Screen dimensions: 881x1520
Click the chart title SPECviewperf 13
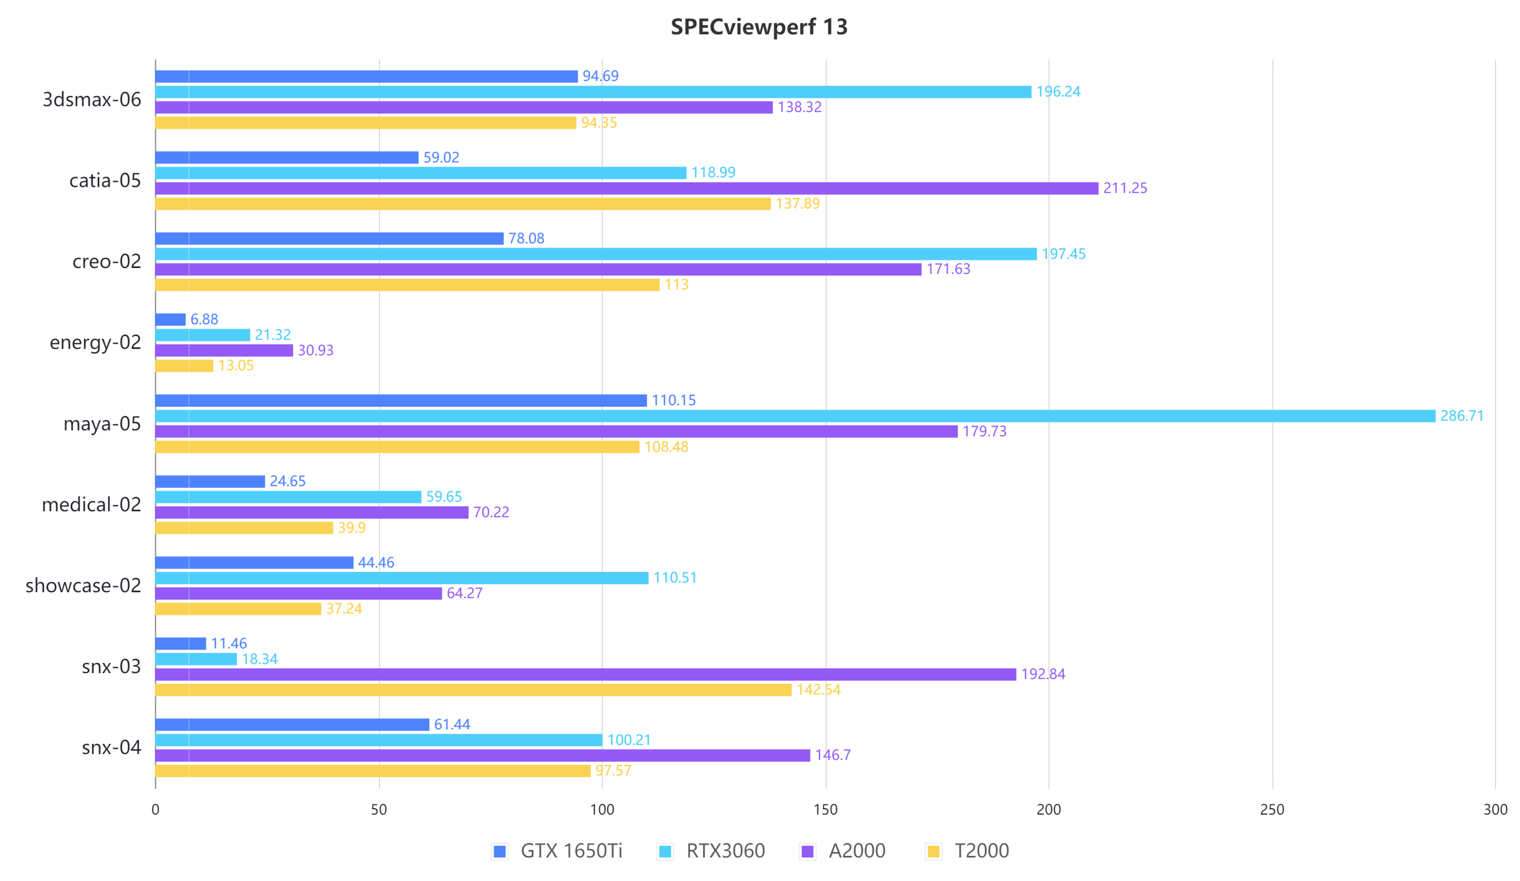pos(759,27)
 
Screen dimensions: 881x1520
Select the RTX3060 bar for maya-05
pos(795,416)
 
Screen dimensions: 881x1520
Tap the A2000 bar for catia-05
pos(626,188)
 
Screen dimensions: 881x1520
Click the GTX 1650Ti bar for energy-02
pos(170,319)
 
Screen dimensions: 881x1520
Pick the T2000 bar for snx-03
pos(473,690)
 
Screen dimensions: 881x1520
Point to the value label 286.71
pos(1462,416)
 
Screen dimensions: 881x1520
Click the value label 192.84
pos(1043,674)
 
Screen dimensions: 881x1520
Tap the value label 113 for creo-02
pos(676,285)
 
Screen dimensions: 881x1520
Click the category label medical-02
pos(91,505)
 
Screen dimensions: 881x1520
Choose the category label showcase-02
pos(83,586)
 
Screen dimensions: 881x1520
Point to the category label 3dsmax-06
pos(92,100)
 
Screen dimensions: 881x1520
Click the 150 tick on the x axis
pos(825,810)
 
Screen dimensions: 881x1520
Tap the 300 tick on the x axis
pos(1495,810)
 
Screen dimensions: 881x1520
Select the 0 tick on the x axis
pos(155,810)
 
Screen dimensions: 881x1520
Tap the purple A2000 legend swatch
pos(807,852)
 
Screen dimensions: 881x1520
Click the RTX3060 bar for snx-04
pos(379,740)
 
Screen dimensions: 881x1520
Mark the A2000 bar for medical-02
pos(311,512)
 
